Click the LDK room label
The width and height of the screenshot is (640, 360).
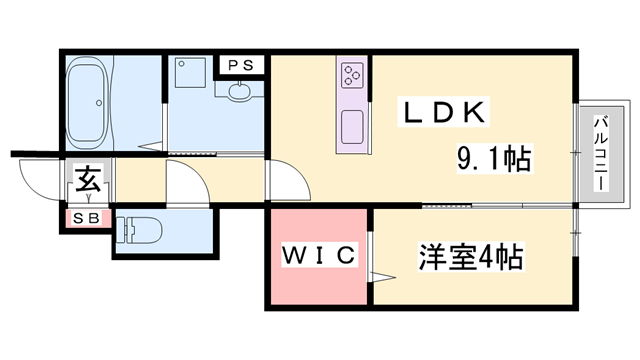tap(445, 112)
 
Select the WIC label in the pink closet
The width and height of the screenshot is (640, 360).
tap(319, 257)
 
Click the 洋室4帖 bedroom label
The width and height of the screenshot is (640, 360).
tap(470, 257)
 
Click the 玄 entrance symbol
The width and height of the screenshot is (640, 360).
tap(85, 183)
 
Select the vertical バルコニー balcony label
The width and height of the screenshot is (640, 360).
tap(601, 155)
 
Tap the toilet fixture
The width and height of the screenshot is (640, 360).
tap(140, 230)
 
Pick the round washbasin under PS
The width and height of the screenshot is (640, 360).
tap(240, 92)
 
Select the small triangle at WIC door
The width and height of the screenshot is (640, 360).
tap(377, 277)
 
